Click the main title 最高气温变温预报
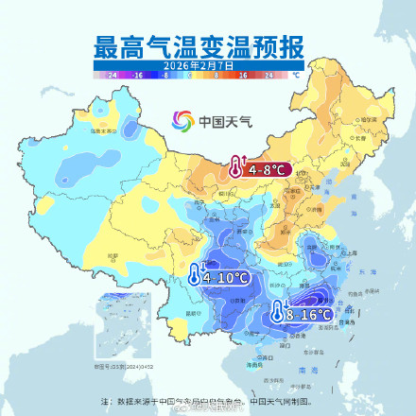tap(207, 45)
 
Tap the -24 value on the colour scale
tap(113, 73)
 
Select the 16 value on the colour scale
tap(242, 73)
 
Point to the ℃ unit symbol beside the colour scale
tap(296, 73)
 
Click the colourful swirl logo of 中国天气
tap(182, 120)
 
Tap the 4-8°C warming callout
tap(268, 170)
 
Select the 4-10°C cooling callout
tap(226, 278)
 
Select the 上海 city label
tap(352, 253)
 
